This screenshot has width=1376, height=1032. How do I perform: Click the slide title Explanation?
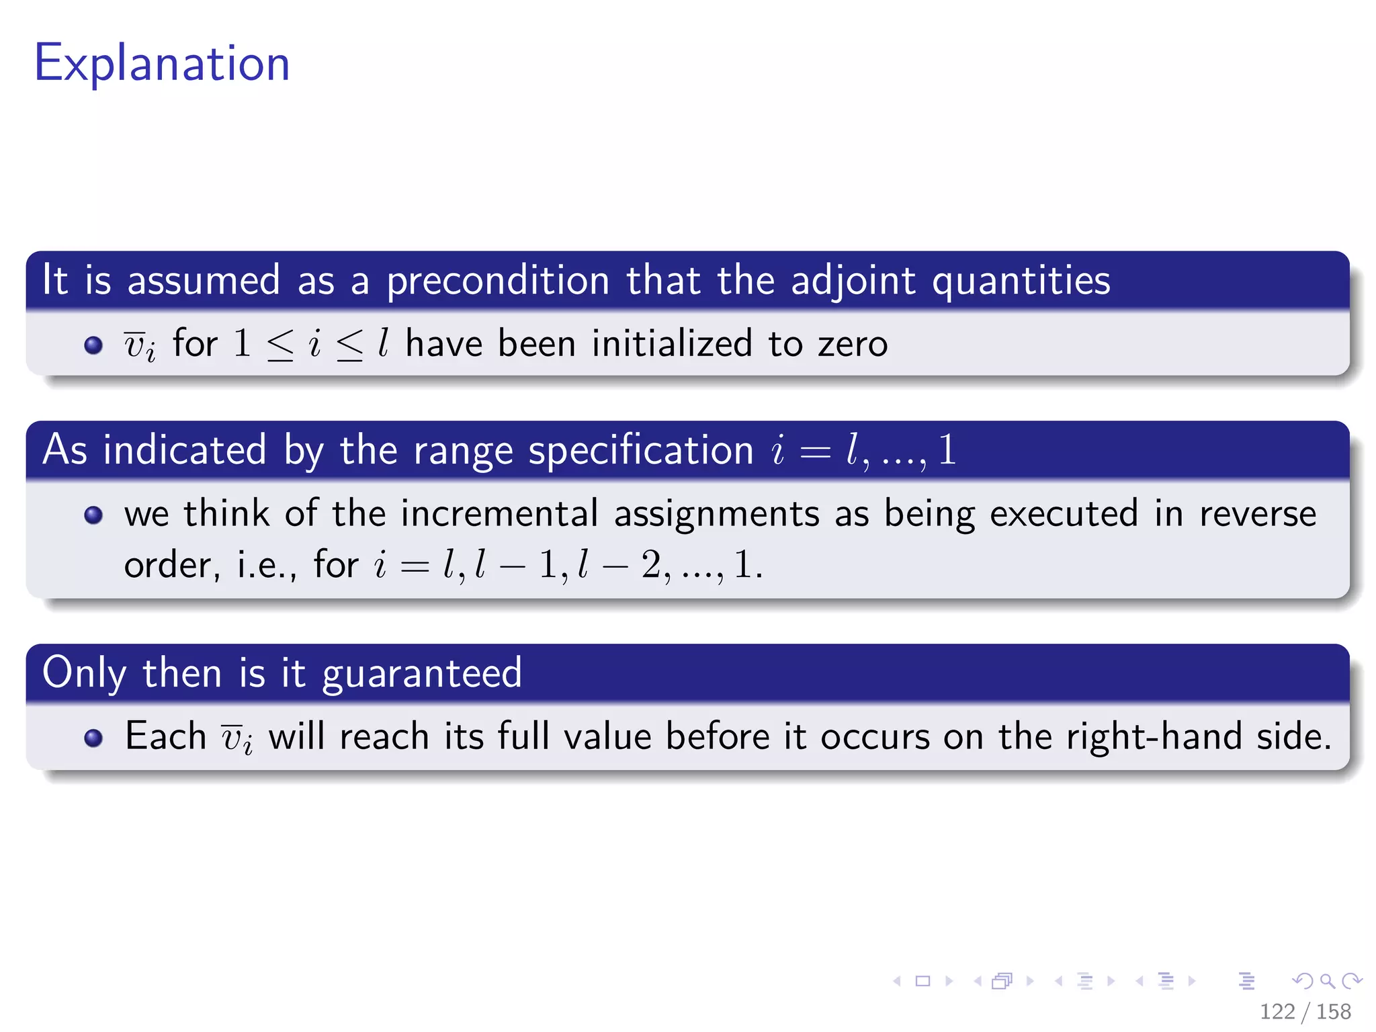coord(162,64)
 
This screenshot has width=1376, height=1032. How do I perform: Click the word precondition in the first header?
coord(497,281)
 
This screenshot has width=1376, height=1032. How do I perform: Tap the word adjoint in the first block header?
coord(853,281)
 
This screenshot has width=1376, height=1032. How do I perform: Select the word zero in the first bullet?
coord(853,344)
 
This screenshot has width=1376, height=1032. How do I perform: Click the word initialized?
coord(671,344)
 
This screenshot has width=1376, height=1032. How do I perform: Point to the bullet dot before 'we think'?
coord(93,515)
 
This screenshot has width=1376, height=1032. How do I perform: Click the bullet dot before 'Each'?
coord(93,738)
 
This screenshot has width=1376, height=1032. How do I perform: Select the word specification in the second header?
coord(640,451)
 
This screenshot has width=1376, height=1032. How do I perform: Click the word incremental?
coord(499,514)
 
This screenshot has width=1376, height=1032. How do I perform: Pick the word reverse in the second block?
coord(1257,514)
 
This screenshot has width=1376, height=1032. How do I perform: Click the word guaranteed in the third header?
coord(422,673)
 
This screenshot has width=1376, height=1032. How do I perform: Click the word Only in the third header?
coord(84,673)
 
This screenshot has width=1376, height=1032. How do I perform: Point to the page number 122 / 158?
coord(1305,1011)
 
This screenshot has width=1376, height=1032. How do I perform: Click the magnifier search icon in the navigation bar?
coord(1327,981)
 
